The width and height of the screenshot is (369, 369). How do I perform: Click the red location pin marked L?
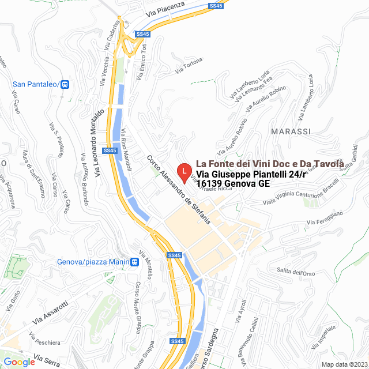[x=183, y=171]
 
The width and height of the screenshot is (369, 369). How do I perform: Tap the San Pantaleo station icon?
[x=65, y=84]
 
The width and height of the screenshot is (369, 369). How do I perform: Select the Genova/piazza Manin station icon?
[x=134, y=262]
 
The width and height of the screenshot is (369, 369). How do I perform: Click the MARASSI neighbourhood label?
[x=290, y=131]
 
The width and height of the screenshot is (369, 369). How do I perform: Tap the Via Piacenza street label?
[x=165, y=9]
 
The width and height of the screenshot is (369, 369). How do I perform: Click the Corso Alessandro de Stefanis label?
[x=179, y=190]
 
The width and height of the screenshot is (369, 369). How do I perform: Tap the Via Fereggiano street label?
[x=325, y=218]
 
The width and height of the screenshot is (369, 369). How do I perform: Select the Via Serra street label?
[x=47, y=360]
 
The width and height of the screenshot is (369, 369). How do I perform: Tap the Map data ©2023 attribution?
[x=344, y=364]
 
